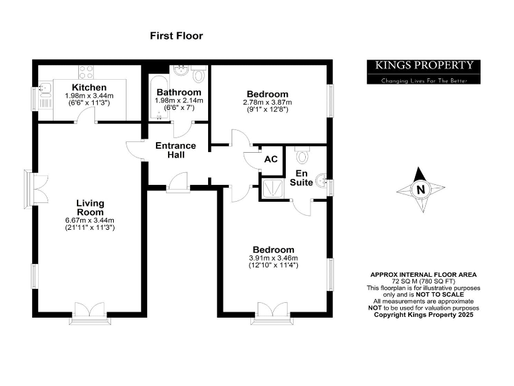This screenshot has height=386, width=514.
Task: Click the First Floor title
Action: pyautogui.click(x=176, y=36)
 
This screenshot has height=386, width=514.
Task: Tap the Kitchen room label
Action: pyautogui.click(x=89, y=88)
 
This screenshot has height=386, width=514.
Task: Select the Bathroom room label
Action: pyautogui.click(x=178, y=92)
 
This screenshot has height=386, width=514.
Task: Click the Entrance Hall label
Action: pyautogui.click(x=175, y=150)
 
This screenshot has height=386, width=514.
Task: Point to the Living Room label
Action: pyautogui.click(x=90, y=208)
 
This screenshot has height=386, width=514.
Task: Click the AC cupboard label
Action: pyautogui.click(x=271, y=159)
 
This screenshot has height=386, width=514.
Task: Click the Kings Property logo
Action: pyautogui.click(x=423, y=66)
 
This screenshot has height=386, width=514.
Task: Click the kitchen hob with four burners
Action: pyautogui.click(x=86, y=72)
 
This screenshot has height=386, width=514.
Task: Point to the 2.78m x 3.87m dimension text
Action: pyautogui.click(x=267, y=103)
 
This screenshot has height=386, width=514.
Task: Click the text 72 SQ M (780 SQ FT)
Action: pyautogui.click(x=424, y=281)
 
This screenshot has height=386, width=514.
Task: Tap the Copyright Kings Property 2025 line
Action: pyautogui.click(x=424, y=314)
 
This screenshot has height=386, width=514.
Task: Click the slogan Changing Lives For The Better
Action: pyautogui.click(x=423, y=80)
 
